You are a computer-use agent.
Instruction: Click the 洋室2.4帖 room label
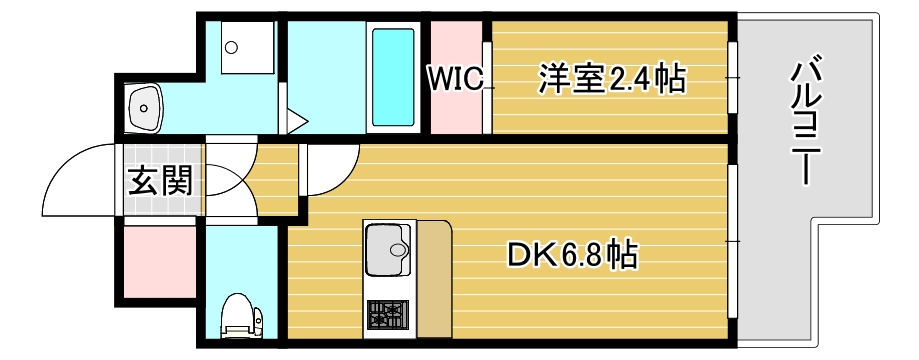click(612, 77)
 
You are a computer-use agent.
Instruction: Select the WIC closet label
click(457, 78)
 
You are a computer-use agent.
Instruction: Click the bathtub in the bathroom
click(393, 77)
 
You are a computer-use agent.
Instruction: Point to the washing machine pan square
click(237, 49)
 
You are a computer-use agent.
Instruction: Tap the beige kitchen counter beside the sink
click(434, 280)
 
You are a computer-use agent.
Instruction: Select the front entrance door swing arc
click(80, 180)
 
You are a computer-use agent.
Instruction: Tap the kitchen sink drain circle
click(399, 250)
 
